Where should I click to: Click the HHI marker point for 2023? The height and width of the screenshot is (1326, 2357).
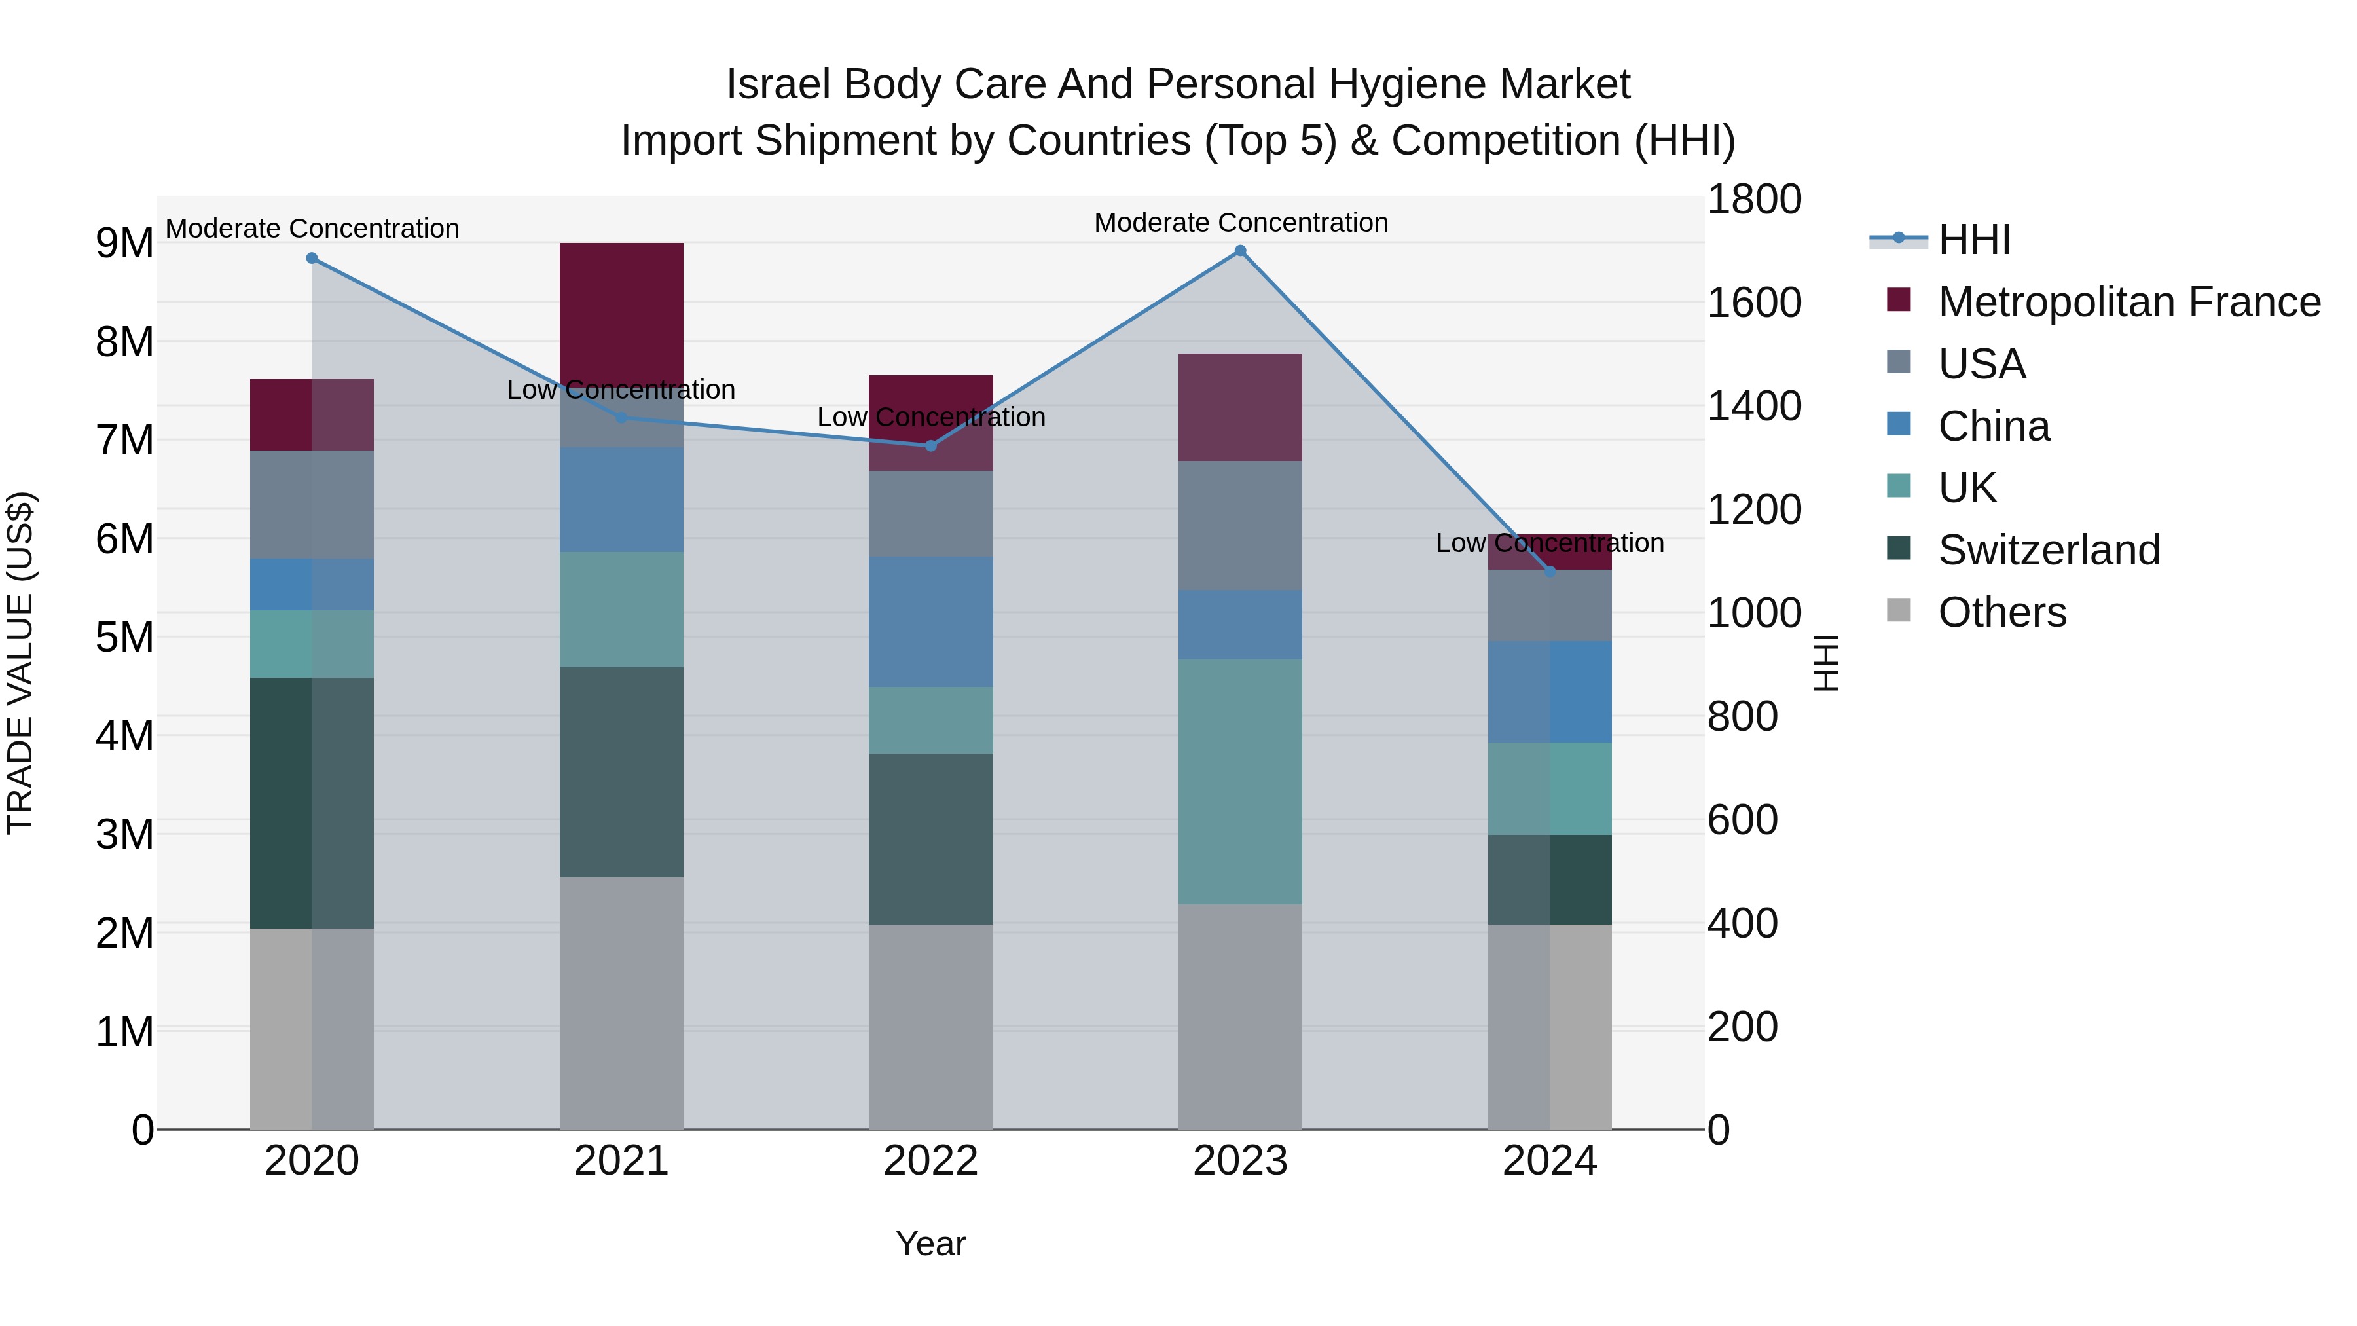[x=1240, y=251]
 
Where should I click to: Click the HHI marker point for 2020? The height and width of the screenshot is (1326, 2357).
[x=312, y=258]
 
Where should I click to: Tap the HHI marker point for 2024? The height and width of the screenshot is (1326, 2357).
[x=1549, y=571]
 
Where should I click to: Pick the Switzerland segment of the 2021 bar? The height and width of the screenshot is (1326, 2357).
[x=621, y=773]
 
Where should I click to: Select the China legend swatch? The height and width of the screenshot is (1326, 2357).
[x=1899, y=424]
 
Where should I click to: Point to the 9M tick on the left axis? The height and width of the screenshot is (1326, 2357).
[x=124, y=244]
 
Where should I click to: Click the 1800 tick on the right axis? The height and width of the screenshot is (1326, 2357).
[x=1754, y=200]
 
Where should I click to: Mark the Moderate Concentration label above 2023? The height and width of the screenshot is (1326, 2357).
[x=1241, y=223]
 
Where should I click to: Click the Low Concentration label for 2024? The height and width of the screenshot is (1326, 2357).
[x=1549, y=543]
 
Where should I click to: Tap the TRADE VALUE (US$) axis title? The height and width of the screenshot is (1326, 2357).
[x=20, y=663]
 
